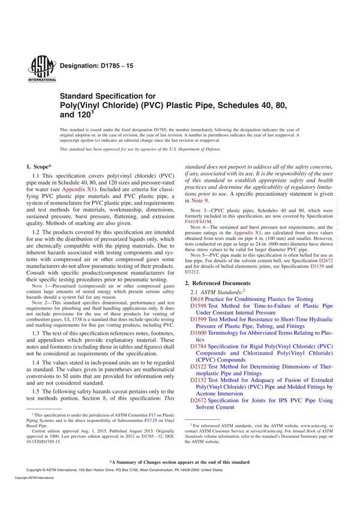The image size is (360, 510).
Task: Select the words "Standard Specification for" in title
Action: [107, 95]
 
